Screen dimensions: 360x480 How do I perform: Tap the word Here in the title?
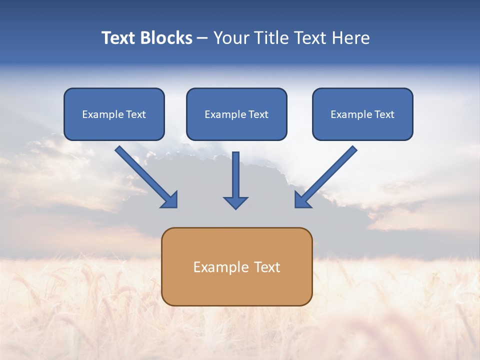350,38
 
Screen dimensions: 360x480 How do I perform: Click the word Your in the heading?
232,38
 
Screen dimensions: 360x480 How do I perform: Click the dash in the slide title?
202,38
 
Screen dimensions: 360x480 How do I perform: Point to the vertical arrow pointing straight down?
235,175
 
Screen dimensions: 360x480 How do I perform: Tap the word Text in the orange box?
266,267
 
